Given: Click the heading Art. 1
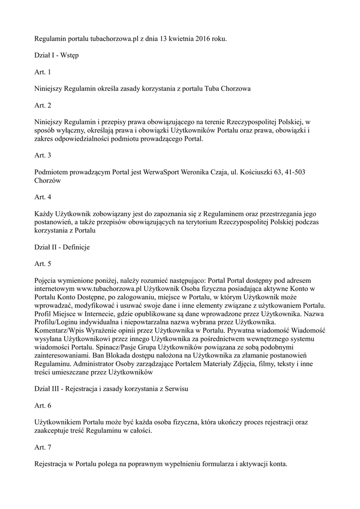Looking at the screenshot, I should [42, 72].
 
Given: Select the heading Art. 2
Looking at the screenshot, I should [42, 105].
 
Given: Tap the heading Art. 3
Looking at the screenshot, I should [42, 156].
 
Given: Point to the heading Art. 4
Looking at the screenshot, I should [42, 197].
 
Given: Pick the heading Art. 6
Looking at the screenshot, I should [42, 406].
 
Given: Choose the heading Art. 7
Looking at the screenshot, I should [42, 448].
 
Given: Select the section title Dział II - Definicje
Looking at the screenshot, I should [62, 247].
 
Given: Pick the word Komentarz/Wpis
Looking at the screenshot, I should [59, 331].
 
